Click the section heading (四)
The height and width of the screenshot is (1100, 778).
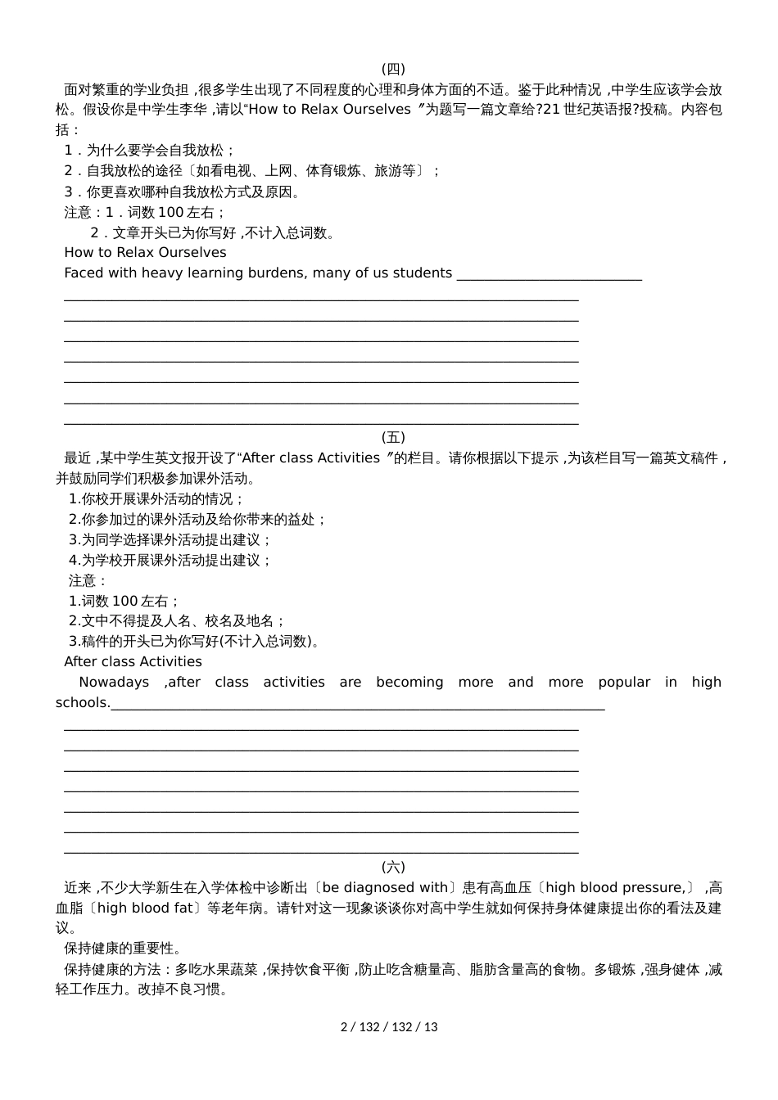pyautogui.click(x=393, y=69)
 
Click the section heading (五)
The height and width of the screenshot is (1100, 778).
pyautogui.click(x=393, y=437)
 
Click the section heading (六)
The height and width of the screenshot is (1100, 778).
pyautogui.click(x=393, y=867)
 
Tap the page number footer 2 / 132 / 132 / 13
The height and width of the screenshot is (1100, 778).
pyautogui.click(x=389, y=1026)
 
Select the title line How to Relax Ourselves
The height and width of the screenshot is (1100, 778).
pyautogui.click(x=145, y=252)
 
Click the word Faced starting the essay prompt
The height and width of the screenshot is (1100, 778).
pyautogui.click(x=84, y=273)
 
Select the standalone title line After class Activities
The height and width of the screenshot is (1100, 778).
pyautogui.click(x=133, y=661)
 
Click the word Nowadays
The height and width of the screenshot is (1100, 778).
pyautogui.click(x=114, y=682)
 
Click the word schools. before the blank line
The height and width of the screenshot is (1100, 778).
pyautogui.click(x=82, y=702)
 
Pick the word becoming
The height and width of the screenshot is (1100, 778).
pyautogui.click(x=409, y=682)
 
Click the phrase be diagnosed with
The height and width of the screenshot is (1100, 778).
pyautogui.click(x=385, y=887)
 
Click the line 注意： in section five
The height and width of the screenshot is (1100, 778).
pyautogui.click(x=88, y=580)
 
